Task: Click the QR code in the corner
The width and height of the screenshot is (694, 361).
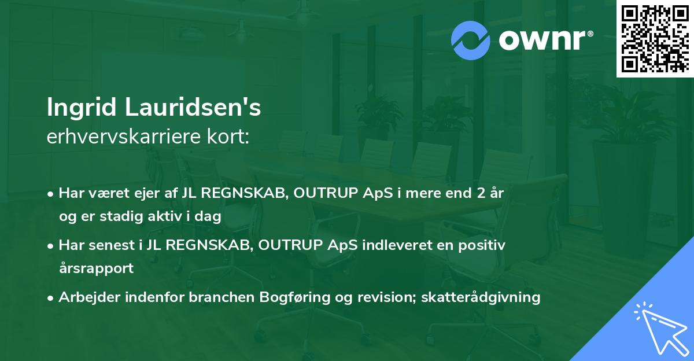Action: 655,38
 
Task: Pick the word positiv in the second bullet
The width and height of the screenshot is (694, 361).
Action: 483,245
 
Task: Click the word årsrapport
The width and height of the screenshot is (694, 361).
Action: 96,268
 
